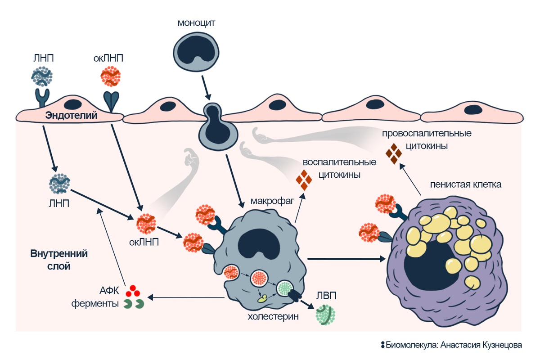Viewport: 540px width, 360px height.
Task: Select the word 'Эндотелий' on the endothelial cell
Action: (x=72, y=116)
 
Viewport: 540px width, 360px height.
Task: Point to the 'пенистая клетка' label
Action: (x=465, y=184)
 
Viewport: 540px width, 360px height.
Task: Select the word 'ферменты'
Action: (x=95, y=304)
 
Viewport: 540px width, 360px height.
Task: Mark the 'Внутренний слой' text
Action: (x=58, y=259)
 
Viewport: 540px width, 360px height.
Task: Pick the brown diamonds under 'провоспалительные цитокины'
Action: (x=394, y=153)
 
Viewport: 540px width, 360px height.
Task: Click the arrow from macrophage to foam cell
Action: (x=346, y=259)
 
